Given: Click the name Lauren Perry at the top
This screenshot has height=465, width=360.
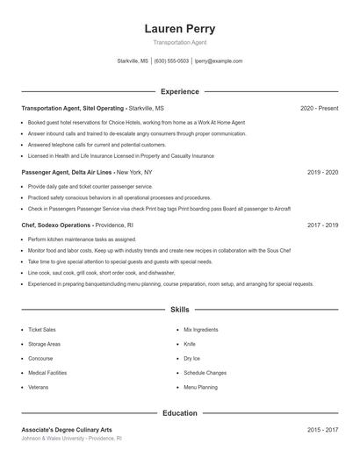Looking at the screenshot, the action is [x=179, y=29].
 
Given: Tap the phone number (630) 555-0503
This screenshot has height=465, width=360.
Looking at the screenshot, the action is [x=172, y=61].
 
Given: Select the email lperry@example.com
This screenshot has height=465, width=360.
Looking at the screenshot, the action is [x=219, y=61].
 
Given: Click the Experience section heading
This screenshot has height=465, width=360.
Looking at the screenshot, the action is [x=179, y=91].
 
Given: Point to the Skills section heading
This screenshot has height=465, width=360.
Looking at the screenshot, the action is [x=179, y=310].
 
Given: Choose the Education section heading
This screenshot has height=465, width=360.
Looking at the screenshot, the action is [x=179, y=412].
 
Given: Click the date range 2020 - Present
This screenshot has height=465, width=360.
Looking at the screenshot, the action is [x=319, y=108].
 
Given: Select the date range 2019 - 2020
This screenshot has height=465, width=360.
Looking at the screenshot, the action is [x=322, y=173].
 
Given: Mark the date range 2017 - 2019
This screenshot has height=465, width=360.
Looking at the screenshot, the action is [x=322, y=225].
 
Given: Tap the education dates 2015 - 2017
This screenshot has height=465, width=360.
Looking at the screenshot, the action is [x=322, y=430].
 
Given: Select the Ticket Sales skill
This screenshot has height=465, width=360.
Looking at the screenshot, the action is [x=42, y=330].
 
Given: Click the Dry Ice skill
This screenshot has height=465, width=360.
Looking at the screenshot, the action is [x=192, y=358].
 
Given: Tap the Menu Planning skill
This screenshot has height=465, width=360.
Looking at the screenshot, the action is [x=200, y=387].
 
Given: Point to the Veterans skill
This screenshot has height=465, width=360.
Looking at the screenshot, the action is [x=38, y=387].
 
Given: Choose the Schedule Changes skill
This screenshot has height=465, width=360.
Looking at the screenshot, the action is [x=205, y=373].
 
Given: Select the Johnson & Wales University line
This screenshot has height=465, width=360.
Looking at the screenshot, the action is [x=71, y=439].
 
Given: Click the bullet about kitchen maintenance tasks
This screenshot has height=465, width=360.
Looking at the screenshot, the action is [x=82, y=239].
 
